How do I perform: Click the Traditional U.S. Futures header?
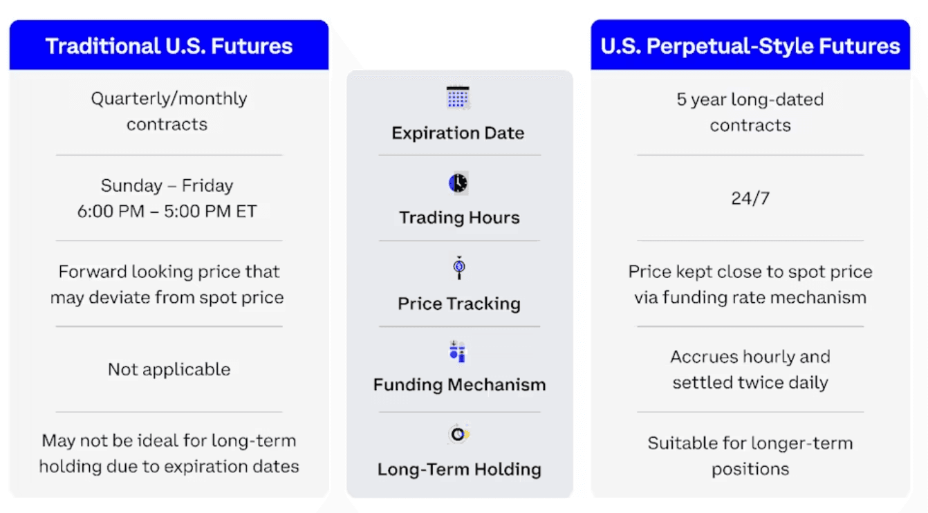(169, 46)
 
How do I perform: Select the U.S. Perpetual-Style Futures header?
(750, 46)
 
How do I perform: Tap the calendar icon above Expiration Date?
(458, 97)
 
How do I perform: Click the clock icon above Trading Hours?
(458, 183)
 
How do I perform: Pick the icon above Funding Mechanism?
(458, 352)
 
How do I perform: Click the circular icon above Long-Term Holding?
(458, 434)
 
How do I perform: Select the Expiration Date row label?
(458, 133)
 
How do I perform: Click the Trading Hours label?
(459, 218)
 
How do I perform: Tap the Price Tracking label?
(459, 304)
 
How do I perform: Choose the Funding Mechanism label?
(459, 385)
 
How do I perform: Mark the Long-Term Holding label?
(459, 469)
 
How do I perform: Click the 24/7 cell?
(750, 199)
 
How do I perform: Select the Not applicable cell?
(169, 369)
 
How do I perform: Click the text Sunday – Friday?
(167, 186)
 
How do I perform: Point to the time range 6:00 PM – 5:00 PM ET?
(167, 212)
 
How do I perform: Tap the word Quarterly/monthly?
(169, 99)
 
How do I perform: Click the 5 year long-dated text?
(750, 100)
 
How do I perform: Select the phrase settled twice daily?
(750, 382)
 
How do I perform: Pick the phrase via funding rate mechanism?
(750, 298)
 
